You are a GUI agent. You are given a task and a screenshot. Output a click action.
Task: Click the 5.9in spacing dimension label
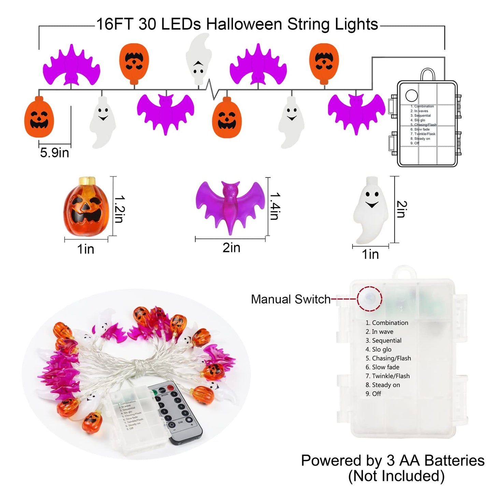click(x=55, y=153)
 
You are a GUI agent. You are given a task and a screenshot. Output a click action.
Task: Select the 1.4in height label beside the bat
click(x=275, y=206)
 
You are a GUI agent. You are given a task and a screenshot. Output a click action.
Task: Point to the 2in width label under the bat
click(x=231, y=248)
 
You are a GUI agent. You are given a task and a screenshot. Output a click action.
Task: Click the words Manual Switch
click(x=291, y=299)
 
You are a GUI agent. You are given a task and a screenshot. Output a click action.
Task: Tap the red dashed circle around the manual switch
click(x=369, y=299)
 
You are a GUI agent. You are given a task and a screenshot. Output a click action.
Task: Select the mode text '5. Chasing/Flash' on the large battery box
click(x=388, y=358)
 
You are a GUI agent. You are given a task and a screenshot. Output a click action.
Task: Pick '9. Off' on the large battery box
click(x=373, y=394)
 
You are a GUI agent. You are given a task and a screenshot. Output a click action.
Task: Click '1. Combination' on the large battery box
click(x=387, y=323)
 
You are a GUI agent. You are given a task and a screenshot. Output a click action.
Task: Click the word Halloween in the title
click(x=244, y=24)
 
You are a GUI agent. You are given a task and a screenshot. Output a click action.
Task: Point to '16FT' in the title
click(x=115, y=24)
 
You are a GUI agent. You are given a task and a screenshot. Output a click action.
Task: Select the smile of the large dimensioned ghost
click(x=372, y=205)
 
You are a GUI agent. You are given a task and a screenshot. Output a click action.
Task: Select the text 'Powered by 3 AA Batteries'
click(x=392, y=460)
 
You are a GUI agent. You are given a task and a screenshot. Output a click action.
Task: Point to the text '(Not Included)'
click(x=396, y=476)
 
